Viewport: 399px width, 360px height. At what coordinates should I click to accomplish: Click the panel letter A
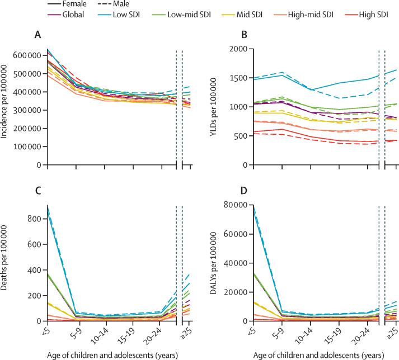point(37,35)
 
